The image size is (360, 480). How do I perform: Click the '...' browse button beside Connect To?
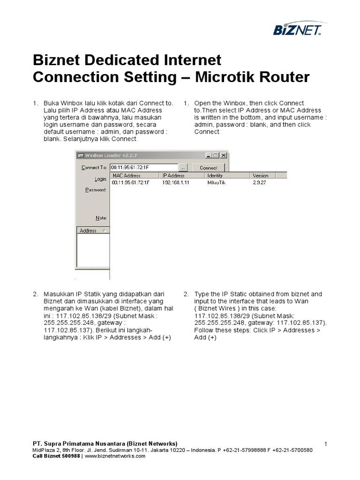click(183, 167)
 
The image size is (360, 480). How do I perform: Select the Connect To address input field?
click(143, 167)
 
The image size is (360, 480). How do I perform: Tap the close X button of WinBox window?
click(224, 155)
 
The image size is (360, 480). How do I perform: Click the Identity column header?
click(216, 175)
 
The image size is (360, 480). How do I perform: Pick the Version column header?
click(261, 175)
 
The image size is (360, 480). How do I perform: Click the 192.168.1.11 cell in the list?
click(176, 182)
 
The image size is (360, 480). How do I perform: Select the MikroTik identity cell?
click(216, 182)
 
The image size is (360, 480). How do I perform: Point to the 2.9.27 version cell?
click(259, 182)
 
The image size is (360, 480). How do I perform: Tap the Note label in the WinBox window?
click(101, 218)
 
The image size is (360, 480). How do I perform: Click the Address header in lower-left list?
click(88, 231)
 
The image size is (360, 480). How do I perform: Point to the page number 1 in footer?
click(325, 443)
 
